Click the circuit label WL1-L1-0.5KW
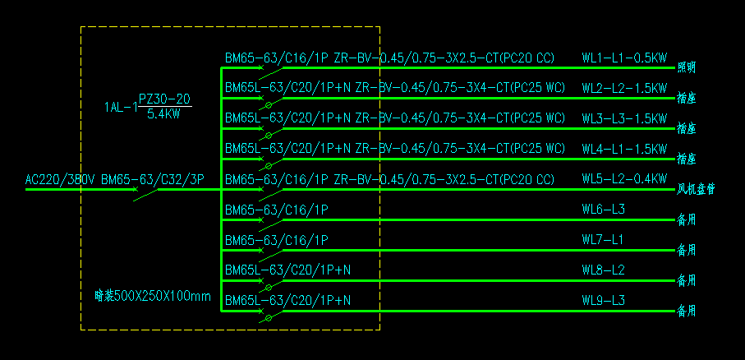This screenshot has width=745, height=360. tap(624, 58)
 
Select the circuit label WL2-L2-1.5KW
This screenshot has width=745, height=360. tap(624, 88)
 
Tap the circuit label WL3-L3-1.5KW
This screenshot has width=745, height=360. tap(624, 118)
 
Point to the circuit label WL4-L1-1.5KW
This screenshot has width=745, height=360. tap(624, 149)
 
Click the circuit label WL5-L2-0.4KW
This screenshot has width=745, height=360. tap(624, 179)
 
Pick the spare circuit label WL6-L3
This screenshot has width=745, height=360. tap(603, 210)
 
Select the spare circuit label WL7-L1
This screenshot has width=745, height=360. tap(603, 240)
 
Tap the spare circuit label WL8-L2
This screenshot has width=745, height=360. tap(603, 270)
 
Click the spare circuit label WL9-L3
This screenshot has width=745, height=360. tap(603, 300)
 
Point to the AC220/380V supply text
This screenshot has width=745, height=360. tap(60, 179)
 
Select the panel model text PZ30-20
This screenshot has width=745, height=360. tap(164, 99)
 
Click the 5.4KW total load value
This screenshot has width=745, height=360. tap(163, 113)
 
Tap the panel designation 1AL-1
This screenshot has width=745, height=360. tap(119, 107)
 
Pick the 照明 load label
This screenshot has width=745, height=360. tap(686, 67)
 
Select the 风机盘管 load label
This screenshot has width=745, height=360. tap(695, 189)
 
